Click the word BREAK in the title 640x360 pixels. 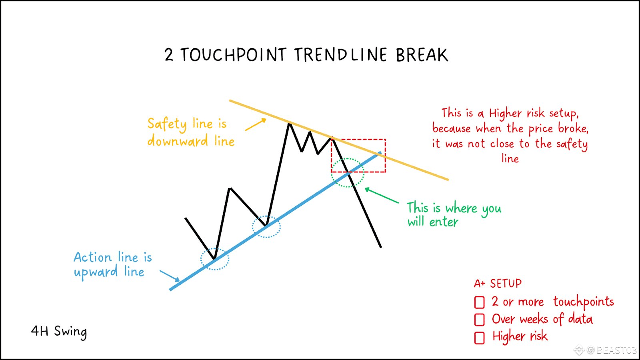tap(422, 54)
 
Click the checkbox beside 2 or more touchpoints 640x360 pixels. tap(480, 302)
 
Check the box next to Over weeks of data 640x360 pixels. tap(480, 320)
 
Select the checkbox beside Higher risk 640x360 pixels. tap(480, 338)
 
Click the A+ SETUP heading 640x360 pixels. tap(498, 284)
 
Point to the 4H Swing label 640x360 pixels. tap(59, 332)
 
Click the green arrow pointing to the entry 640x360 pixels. tap(382, 196)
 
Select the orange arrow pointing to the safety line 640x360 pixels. tap(256, 125)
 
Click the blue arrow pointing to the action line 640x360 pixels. tap(170, 276)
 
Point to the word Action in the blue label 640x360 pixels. tap(92, 257)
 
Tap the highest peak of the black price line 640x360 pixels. tap(290, 123)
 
